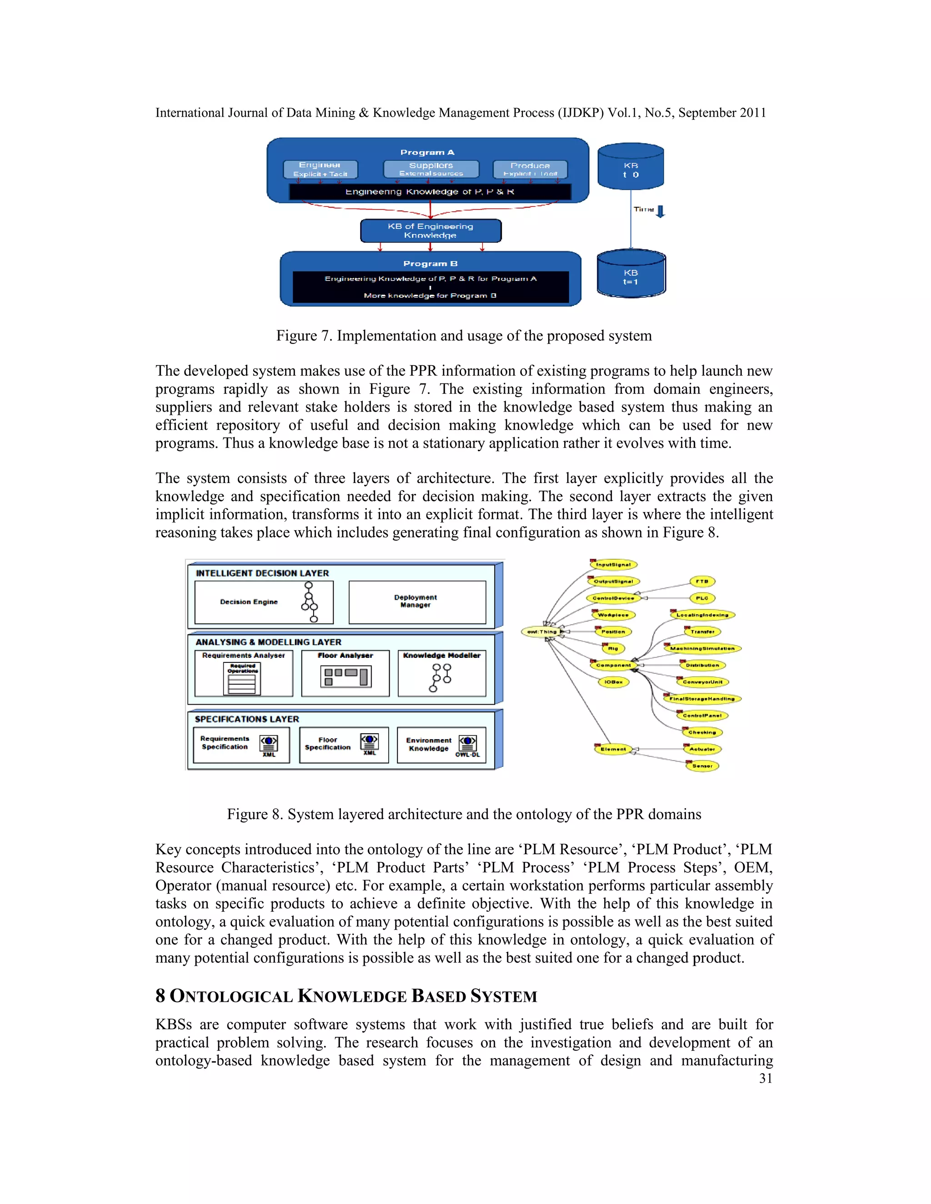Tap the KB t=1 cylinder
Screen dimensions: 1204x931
pos(631,274)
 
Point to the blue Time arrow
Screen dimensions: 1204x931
pos(661,211)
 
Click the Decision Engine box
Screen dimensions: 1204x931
pos(264,602)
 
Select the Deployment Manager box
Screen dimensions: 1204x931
pos(417,602)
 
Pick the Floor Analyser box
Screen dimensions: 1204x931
pos(345,673)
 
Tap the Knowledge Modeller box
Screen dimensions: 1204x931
pos(442,673)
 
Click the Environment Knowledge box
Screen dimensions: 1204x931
pos(441,745)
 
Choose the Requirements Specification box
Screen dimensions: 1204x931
pos(241,745)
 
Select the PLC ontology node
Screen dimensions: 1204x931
pos(702,598)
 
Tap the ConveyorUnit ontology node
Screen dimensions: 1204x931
pos(702,682)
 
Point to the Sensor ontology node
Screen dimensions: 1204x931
pos(702,766)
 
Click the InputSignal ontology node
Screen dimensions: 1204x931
pos(613,564)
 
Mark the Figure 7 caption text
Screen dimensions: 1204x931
pos(463,336)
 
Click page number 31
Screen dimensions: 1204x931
pos(766,1079)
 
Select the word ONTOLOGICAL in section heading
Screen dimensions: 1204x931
pos(231,996)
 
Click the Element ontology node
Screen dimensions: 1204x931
pos(613,749)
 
